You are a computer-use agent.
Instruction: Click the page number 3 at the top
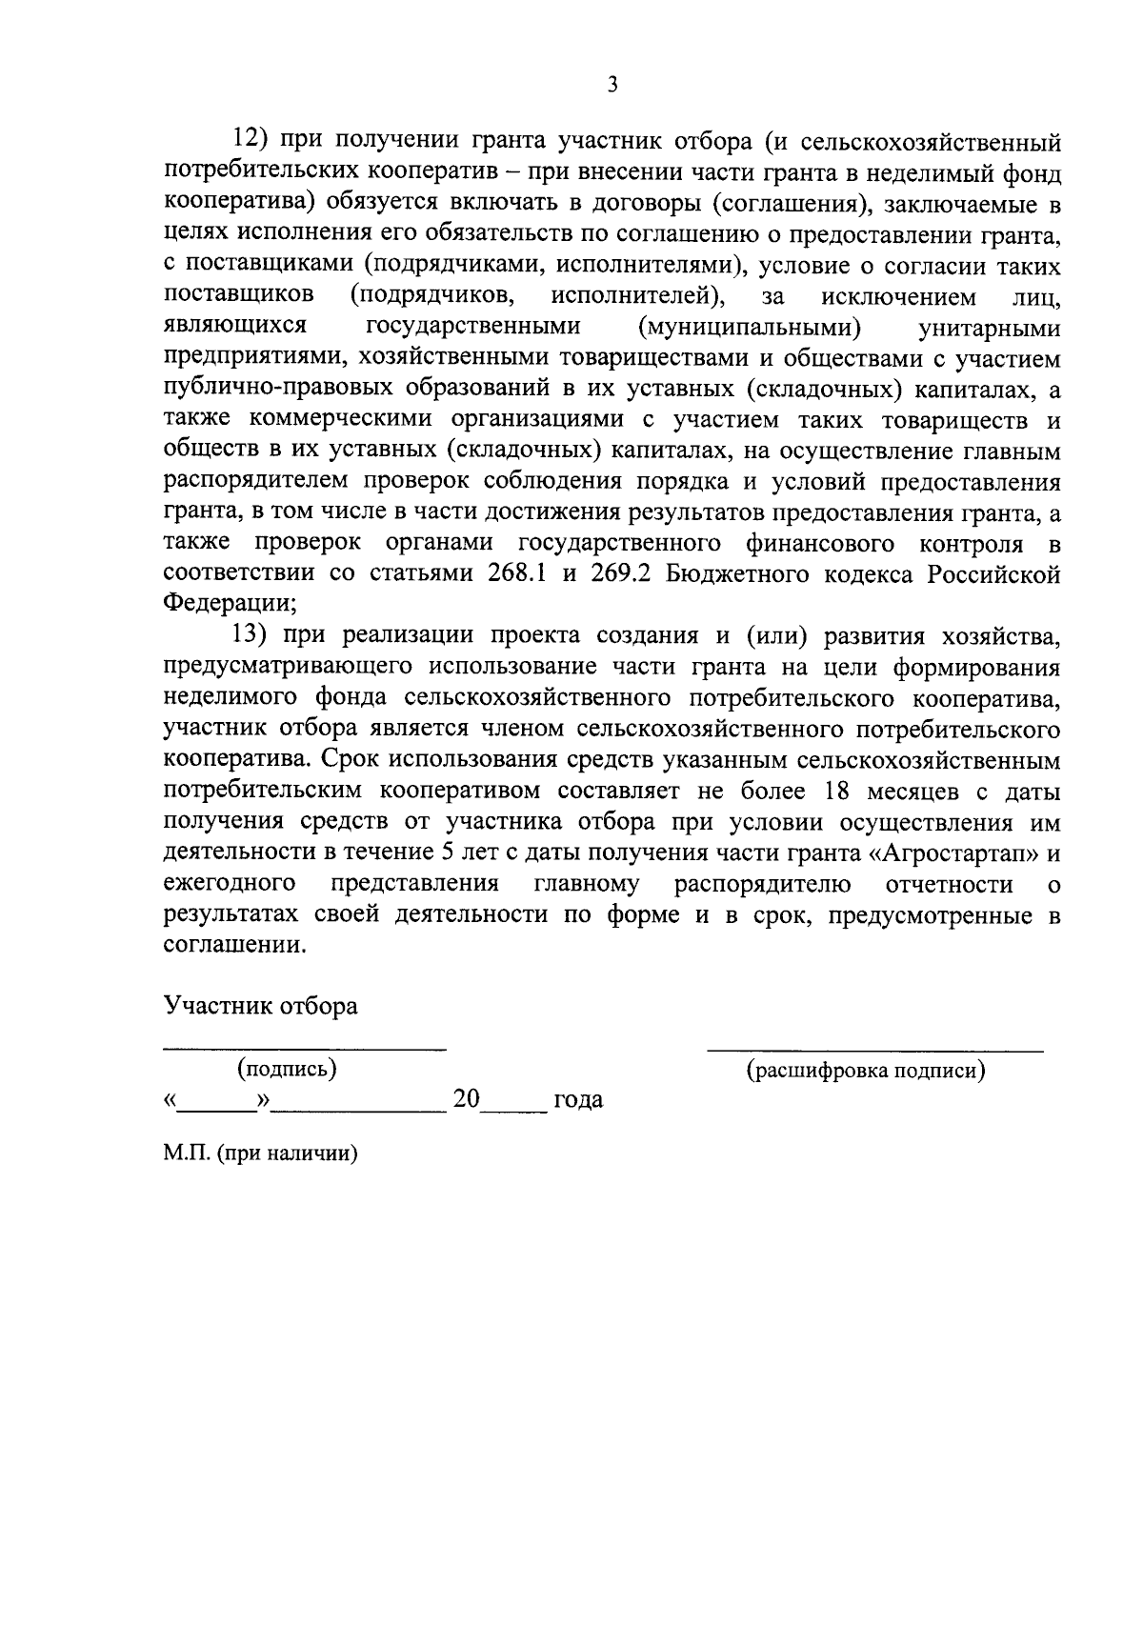[612, 86]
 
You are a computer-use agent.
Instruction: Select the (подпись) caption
[287, 1069]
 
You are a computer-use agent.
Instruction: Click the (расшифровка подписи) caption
[865, 1071]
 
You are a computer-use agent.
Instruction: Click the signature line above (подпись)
[304, 1048]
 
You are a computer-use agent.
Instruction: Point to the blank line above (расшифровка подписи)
[874, 1049]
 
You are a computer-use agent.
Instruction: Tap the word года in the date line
[578, 1100]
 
